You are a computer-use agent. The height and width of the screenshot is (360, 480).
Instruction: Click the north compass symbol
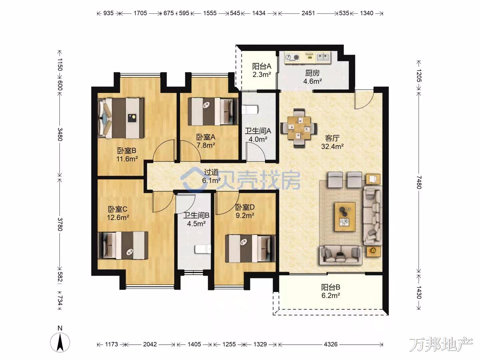click(60, 342)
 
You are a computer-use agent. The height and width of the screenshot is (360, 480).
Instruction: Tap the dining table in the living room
click(299, 128)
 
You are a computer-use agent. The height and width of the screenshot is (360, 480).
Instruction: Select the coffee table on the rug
click(345, 216)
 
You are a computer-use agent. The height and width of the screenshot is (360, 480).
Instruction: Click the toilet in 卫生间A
click(250, 110)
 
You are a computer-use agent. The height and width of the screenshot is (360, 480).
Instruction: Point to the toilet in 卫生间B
click(203, 249)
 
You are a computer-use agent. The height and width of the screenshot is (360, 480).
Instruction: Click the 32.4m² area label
click(332, 146)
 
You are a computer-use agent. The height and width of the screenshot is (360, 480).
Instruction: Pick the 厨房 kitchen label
click(312, 73)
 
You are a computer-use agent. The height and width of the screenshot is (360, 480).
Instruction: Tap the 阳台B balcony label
click(330, 287)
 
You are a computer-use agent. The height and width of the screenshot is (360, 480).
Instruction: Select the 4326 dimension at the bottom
click(331, 344)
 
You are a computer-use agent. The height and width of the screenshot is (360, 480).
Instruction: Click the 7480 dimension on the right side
click(419, 182)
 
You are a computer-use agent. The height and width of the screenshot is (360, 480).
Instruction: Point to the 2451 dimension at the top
click(308, 13)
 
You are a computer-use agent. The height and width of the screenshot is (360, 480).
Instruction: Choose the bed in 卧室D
click(250, 249)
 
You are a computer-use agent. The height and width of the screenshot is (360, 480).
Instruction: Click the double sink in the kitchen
click(323, 57)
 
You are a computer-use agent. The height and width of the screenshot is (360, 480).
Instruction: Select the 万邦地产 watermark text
click(441, 344)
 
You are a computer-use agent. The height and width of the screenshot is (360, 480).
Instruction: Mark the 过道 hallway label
click(211, 172)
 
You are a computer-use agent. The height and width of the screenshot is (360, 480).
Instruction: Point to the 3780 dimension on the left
click(60, 224)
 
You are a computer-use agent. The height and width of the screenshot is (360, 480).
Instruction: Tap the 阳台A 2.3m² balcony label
click(262, 70)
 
